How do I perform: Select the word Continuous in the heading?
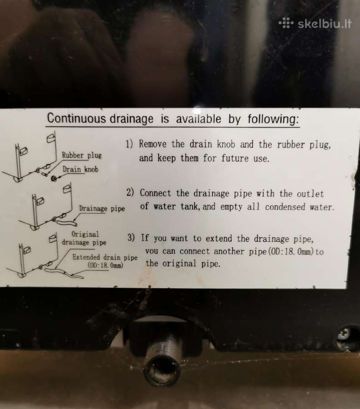tap(76, 118)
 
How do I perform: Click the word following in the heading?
tap(273, 119)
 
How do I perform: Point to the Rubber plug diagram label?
tap(82, 155)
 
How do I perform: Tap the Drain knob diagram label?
tap(80, 170)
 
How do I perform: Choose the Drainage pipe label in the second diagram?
tap(102, 209)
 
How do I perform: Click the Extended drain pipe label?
tap(105, 257)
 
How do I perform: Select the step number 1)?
tap(130, 144)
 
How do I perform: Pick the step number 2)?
tap(130, 192)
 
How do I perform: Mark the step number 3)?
tap(131, 237)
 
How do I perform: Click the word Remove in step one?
tap(153, 144)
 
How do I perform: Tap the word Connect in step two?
tap(155, 193)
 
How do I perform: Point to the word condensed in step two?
tap(285, 207)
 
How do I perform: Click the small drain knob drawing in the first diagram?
tap(54, 179)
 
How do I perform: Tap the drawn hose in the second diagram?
tap(67, 223)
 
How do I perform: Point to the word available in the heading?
tap(199, 119)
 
